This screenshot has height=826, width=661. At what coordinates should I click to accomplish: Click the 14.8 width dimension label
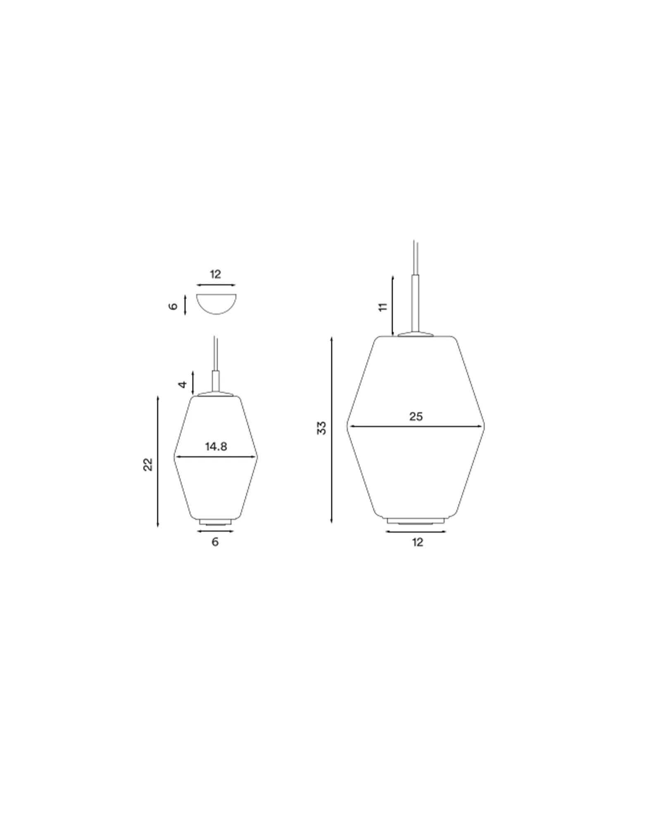(216, 446)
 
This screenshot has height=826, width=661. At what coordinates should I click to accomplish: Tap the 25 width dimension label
(416, 416)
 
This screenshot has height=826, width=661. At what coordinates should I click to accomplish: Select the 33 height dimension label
(321, 428)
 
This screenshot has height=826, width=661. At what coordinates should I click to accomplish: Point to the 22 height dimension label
(148, 465)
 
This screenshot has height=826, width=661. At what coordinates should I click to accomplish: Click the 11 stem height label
(383, 307)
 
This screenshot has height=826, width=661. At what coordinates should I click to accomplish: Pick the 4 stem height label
(183, 385)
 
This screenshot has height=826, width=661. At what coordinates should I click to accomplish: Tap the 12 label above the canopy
(215, 274)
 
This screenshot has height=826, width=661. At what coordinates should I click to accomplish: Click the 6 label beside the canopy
(174, 306)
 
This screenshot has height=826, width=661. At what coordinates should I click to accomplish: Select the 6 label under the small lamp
(215, 542)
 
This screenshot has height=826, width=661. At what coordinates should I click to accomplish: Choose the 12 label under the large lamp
(418, 542)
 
